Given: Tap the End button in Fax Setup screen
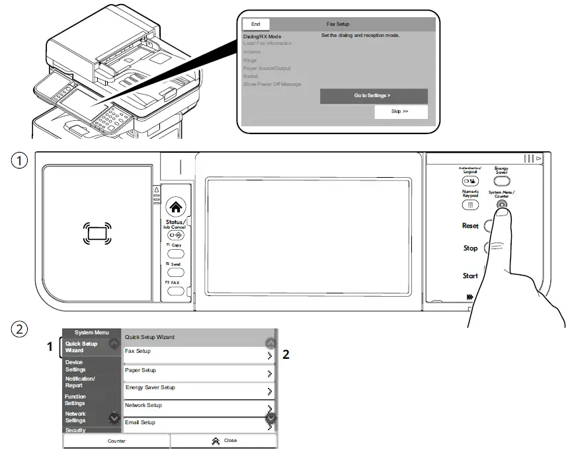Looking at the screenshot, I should [256, 24].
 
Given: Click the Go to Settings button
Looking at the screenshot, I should [374, 96].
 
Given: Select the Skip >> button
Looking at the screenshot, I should [400, 112].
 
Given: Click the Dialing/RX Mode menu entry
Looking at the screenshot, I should [263, 36].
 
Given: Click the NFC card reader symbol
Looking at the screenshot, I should [97, 231].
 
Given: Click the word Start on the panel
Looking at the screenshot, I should [470, 276].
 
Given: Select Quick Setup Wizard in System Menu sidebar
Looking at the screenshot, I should [82, 347].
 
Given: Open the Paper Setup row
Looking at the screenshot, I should [198, 371].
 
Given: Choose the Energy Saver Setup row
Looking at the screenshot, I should [198, 388].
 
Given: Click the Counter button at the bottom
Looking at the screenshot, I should [116, 441].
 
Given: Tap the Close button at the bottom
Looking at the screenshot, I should [223, 441].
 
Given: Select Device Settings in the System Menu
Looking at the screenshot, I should [75, 365].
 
